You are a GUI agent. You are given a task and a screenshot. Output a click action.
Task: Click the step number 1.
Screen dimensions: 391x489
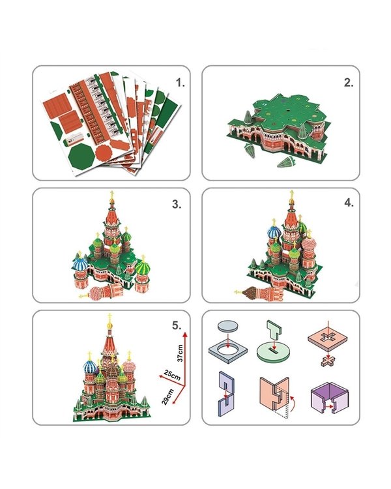tap(180, 83)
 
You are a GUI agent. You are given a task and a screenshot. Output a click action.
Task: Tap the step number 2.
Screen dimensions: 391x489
tap(349, 82)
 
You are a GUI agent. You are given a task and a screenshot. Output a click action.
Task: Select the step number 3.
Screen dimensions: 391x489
tap(177, 204)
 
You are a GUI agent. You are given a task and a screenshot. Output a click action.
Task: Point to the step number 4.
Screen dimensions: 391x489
tap(349, 203)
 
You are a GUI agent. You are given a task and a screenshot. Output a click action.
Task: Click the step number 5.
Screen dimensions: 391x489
tap(177, 325)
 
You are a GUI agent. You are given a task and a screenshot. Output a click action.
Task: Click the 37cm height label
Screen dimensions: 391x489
tap(180, 353)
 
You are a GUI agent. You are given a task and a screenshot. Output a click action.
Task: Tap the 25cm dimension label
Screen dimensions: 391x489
tap(173, 375)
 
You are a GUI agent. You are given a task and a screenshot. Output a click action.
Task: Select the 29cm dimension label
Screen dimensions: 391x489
tap(167, 396)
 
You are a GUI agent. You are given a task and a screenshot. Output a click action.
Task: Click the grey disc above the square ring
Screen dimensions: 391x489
tap(229, 327)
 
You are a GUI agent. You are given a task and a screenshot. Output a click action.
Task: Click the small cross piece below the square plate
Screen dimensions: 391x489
tap(328, 361)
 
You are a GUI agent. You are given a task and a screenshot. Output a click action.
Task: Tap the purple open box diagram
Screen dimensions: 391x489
tap(330, 397)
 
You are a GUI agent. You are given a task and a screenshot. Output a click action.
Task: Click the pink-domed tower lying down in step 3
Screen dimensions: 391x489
tap(101, 293)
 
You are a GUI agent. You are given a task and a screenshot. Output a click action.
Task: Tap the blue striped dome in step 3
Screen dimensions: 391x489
tap(80, 265)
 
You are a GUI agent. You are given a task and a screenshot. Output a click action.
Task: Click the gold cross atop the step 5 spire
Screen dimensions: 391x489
tap(109, 318)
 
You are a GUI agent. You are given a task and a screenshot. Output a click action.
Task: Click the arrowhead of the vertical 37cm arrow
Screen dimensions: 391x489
tap(184, 335)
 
